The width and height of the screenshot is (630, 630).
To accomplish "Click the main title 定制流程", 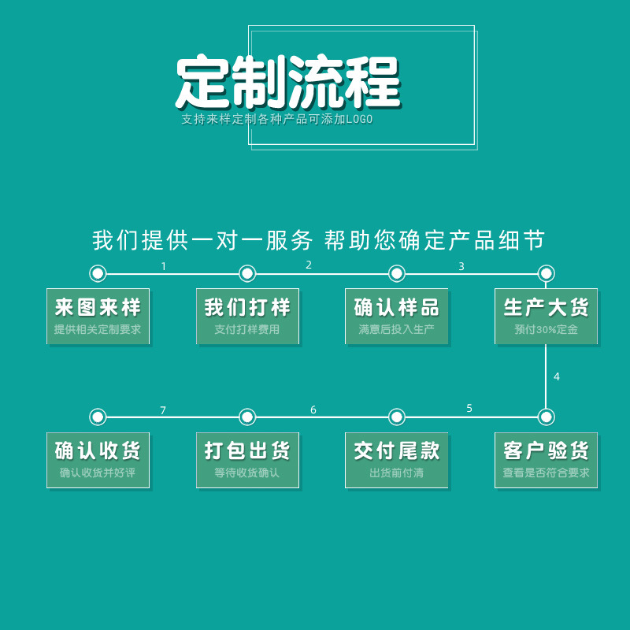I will pos(287,82).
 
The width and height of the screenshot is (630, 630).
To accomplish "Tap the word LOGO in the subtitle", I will pos(359,120).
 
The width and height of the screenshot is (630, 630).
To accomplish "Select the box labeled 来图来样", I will pos(98,316).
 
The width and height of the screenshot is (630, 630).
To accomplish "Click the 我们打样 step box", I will pos(247,316).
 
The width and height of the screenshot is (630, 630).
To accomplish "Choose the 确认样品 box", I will pos(397,316).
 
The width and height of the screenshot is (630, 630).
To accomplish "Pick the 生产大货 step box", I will pos(547,316).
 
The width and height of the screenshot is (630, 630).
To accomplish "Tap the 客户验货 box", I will pos(547,460).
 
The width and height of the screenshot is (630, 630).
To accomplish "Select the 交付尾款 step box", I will pos(397,460).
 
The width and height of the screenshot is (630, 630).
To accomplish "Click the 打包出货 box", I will pos(247,460).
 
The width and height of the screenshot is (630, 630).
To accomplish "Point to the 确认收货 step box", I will pos(98,460).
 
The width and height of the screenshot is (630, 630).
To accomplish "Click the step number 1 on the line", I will pos(164,266).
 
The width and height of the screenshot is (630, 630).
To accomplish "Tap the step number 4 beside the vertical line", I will pos(557,376).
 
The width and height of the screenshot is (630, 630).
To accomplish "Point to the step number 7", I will pos(163,410).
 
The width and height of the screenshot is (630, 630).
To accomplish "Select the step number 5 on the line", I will pos(469,408).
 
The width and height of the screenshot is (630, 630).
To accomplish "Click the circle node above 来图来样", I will pos(98,273).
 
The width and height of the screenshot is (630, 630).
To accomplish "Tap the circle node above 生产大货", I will pos(547,273).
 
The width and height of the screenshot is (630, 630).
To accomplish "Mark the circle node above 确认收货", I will pos(98,417).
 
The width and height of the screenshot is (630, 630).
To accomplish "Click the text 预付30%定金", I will pos(547,330).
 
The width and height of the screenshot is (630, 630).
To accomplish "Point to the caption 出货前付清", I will pos(397,473).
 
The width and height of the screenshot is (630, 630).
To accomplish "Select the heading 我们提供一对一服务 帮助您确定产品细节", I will pos(318,240).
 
